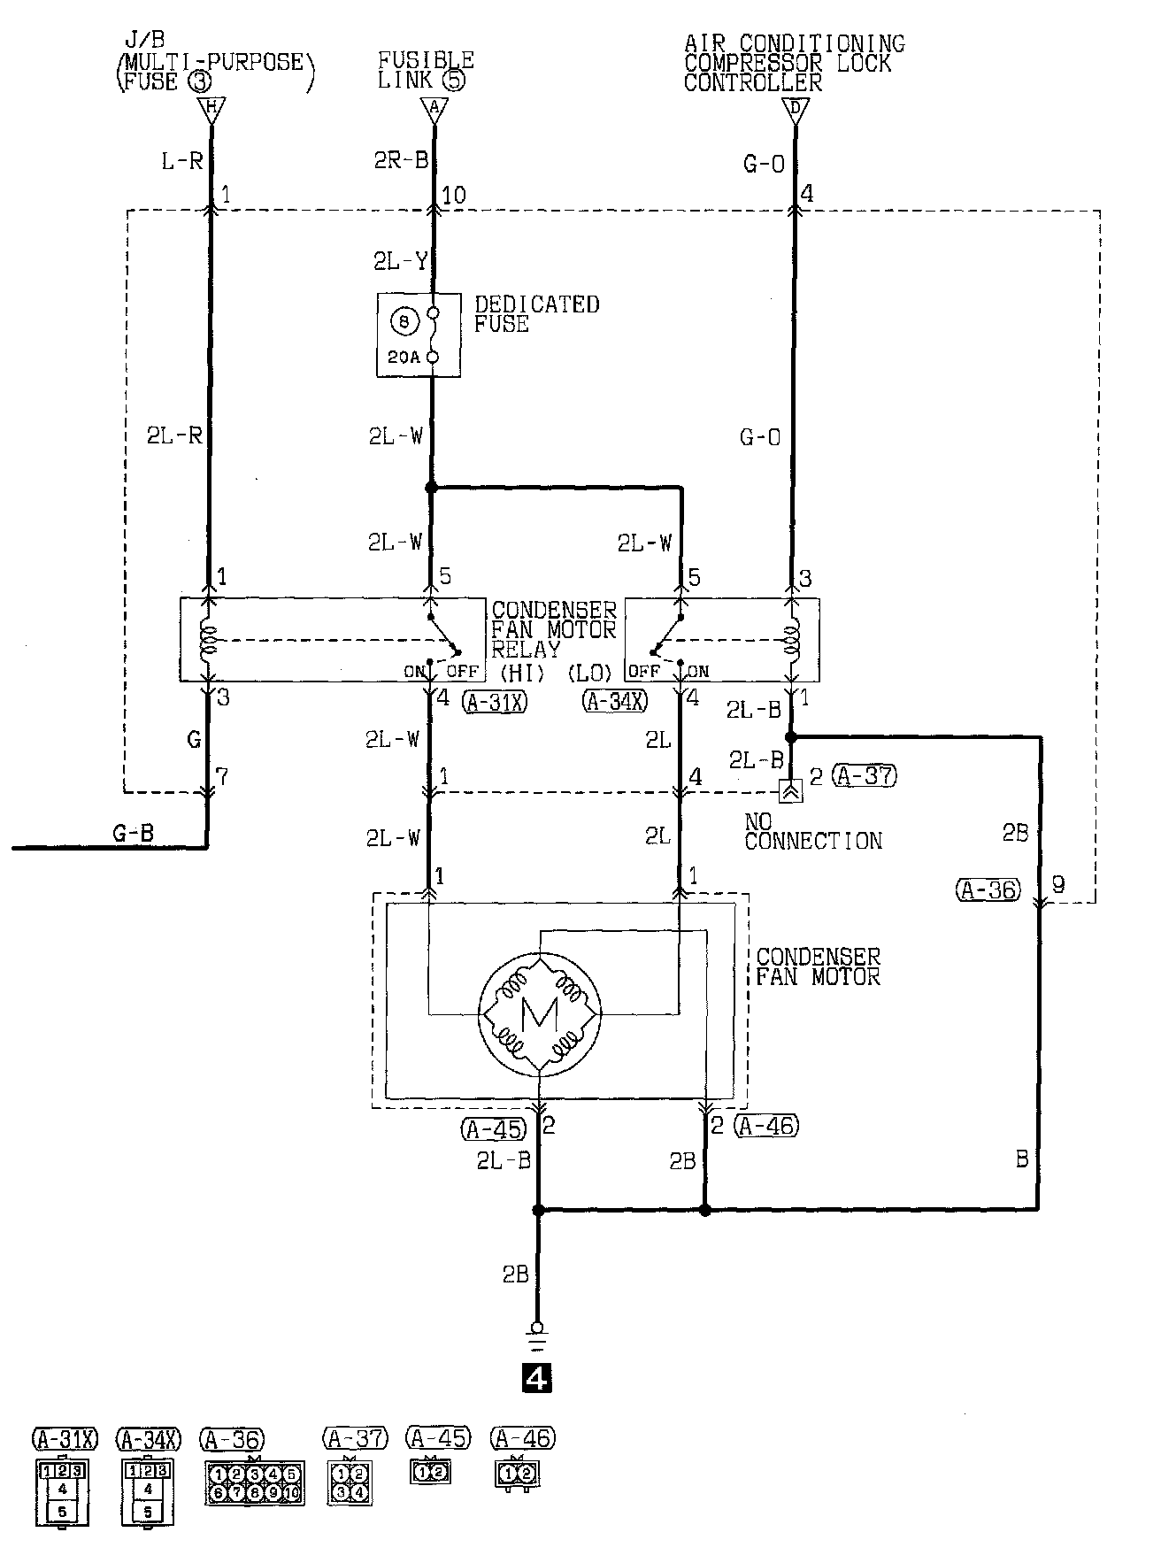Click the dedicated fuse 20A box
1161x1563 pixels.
(419, 335)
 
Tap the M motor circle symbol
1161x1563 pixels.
(540, 1015)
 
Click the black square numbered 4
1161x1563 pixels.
(537, 1377)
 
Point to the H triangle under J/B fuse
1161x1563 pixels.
(211, 112)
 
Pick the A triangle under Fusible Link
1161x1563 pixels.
(433, 110)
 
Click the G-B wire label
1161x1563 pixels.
(134, 833)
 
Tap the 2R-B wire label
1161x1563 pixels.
(401, 161)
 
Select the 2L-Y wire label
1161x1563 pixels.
(400, 261)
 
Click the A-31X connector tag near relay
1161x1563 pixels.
(495, 702)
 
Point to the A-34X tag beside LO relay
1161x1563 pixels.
(615, 702)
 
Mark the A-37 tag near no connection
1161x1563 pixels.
(865, 776)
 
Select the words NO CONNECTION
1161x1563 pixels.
(812, 832)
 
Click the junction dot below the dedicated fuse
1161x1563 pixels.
(431, 488)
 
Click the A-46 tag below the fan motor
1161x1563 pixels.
(766, 1126)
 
